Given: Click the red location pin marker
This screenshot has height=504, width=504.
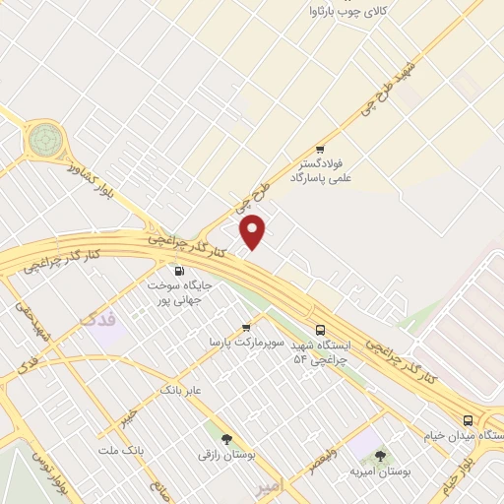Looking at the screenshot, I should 254,231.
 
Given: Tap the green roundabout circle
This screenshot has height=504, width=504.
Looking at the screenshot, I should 43,139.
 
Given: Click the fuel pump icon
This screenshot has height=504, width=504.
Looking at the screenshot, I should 178,271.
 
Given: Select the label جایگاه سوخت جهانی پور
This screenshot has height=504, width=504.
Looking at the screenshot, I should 180,290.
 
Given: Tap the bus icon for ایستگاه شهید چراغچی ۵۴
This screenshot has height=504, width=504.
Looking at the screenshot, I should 319,331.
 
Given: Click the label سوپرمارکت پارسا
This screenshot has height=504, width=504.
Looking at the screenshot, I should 245,343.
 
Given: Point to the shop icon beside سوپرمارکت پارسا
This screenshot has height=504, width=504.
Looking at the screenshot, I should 246,328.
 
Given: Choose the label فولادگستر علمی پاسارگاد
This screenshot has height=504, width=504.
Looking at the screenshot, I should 321,172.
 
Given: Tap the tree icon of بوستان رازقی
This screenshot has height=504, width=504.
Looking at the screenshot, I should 226,439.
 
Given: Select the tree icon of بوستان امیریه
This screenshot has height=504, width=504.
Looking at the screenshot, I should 380,456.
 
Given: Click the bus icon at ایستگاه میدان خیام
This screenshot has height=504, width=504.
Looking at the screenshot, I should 468,420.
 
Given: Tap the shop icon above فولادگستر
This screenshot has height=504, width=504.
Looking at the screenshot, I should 319,150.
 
